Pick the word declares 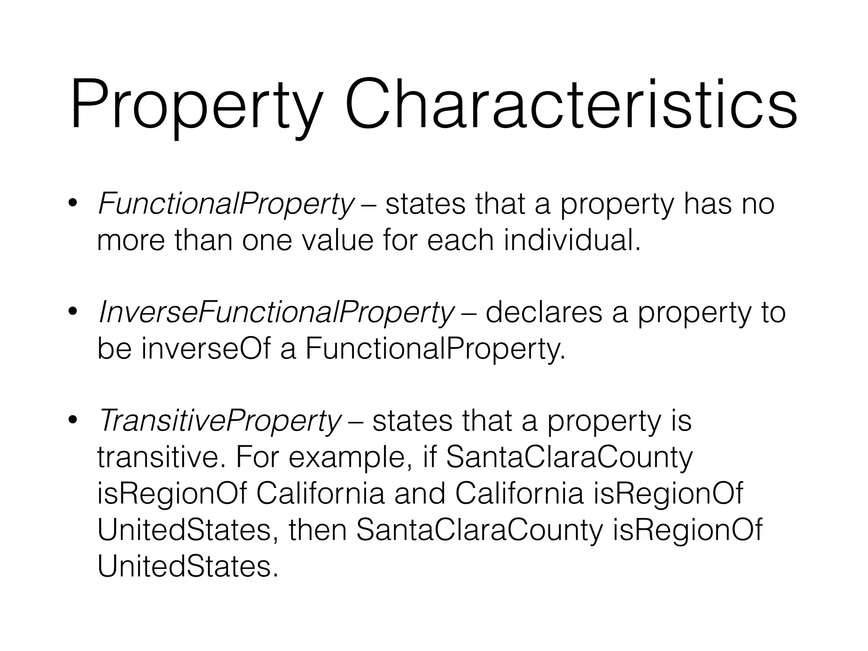[544, 313]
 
